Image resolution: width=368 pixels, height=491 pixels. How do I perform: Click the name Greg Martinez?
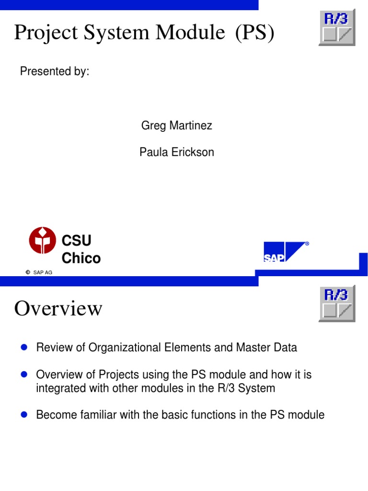coord(176,126)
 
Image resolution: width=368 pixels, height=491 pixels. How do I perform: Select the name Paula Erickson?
coord(176,152)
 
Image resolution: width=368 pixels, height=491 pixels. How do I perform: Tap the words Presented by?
coord(54,71)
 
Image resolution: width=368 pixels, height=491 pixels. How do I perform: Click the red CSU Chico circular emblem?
coord(43,240)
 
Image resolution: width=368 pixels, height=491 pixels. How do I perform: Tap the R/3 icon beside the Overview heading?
coord(337,304)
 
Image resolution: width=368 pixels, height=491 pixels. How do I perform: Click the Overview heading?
coord(58,308)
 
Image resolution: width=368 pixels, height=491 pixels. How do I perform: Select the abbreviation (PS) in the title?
coord(254,33)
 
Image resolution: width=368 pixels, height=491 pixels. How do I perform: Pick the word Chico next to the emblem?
coord(81,258)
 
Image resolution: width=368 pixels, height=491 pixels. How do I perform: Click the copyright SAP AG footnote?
coord(39,272)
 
